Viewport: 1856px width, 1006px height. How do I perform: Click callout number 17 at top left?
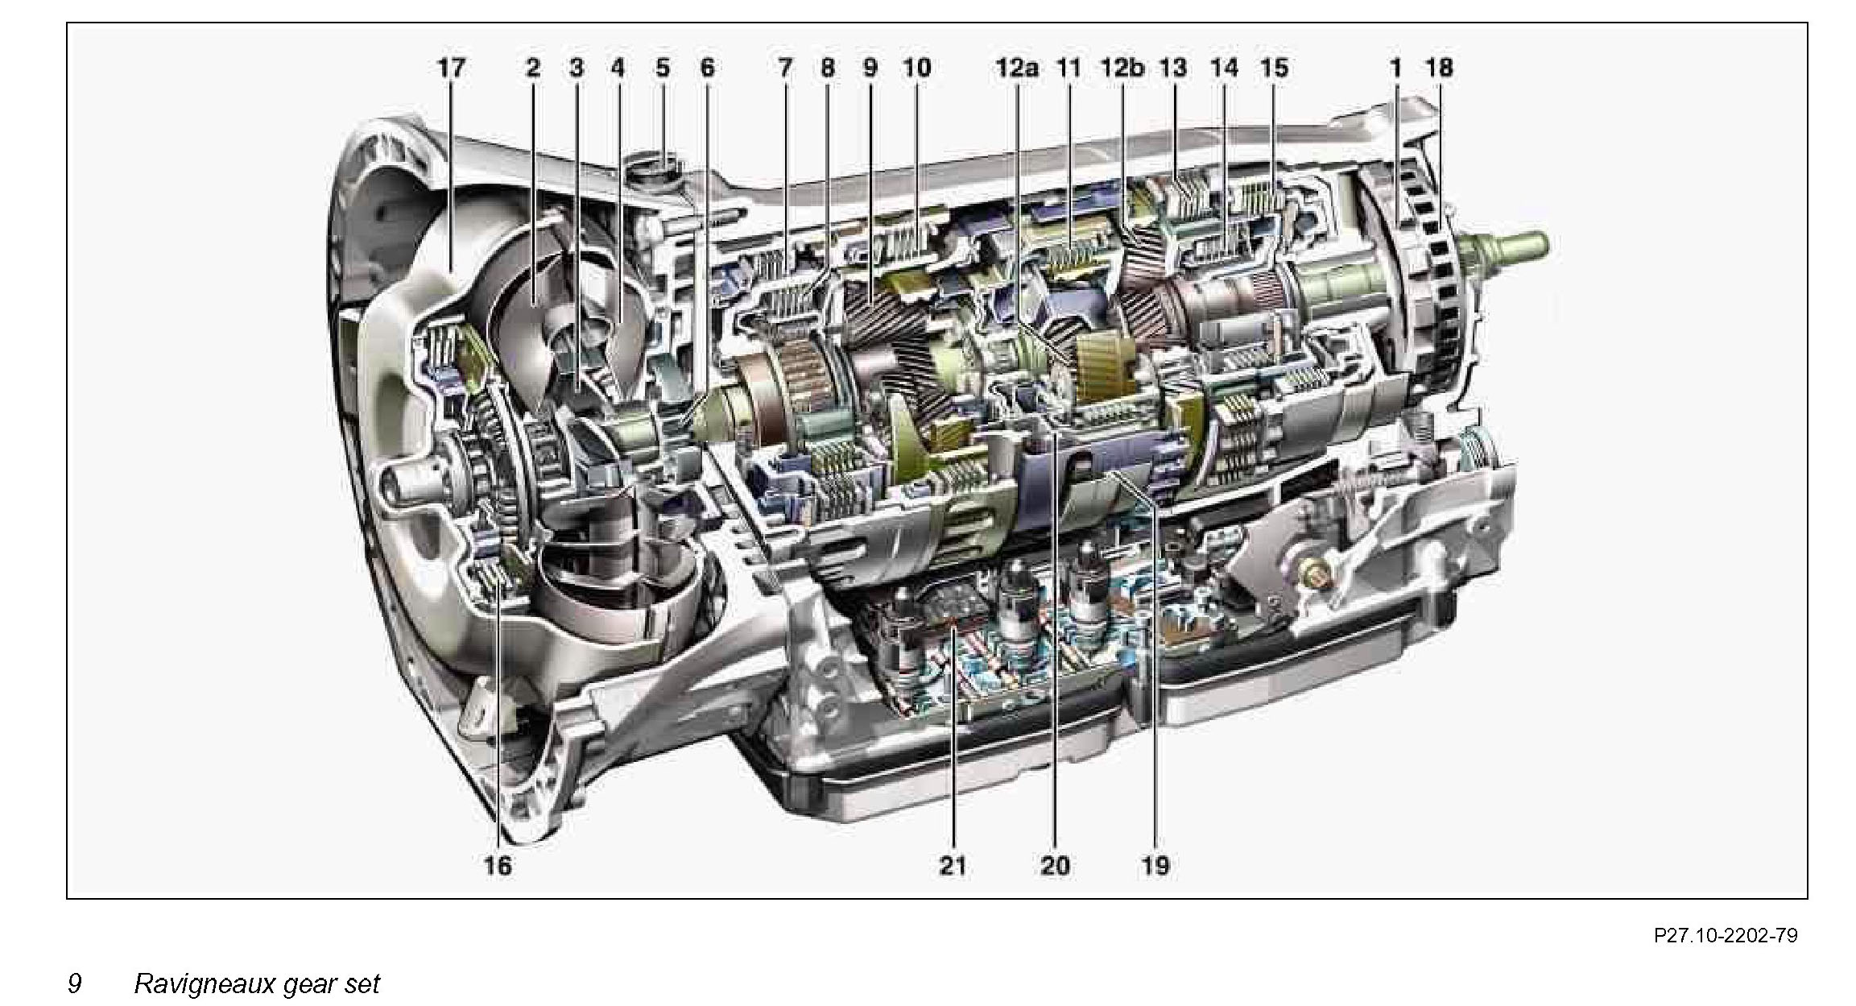click(451, 68)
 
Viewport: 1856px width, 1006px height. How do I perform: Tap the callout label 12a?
click(1016, 68)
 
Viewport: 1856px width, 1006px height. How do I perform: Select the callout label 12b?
click(1122, 68)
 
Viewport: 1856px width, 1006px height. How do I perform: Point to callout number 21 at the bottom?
click(952, 866)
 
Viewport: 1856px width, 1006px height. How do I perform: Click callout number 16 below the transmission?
click(498, 866)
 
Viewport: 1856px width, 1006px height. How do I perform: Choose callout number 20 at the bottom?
click(1055, 866)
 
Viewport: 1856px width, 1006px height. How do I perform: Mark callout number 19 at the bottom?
click(1155, 866)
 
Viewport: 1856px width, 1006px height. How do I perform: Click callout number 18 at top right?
click(1440, 68)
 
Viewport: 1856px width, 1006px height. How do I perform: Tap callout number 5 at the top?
click(662, 68)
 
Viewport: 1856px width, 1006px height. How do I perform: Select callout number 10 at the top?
click(916, 68)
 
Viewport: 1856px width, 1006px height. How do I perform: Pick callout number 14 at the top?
click(1224, 68)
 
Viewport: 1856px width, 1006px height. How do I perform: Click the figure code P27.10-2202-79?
click(1726, 935)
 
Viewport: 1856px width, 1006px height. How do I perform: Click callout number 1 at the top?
click(1395, 68)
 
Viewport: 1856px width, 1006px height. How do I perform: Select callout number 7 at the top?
click(784, 68)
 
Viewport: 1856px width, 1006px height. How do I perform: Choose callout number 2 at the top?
click(533, 68)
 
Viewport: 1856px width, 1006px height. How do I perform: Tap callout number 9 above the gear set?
click(870, 68)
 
